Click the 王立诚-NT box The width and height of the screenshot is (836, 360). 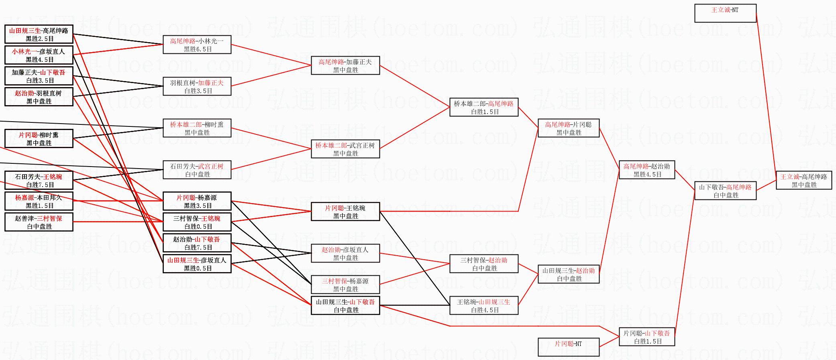point(725,13)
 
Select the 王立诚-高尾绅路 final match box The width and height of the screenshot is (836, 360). point(803,180)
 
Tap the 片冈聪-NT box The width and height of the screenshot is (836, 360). point(568,347)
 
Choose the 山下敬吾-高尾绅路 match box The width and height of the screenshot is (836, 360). point(725,191)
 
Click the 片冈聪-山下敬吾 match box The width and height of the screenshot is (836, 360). point(646,337)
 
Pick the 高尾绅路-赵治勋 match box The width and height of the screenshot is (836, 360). point(646,170)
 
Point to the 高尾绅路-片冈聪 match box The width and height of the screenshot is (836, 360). point(568,128)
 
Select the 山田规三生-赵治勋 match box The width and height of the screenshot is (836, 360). point(568,274)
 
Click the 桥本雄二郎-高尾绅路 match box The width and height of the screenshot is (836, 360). point(483,107)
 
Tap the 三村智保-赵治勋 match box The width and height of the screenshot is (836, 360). point(483,264)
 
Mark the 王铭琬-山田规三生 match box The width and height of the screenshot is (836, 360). point(483,305)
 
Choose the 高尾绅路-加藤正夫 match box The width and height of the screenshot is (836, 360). point(345,65)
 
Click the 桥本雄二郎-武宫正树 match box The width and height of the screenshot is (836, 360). point(345,149)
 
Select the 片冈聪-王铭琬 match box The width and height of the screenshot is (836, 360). point(345,212)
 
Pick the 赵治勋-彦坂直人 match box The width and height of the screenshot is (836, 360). point(345,253)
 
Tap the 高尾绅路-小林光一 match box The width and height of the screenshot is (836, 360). point(197,45)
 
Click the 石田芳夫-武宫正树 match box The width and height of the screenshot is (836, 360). point(197,170)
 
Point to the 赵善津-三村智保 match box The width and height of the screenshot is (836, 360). point(39,222)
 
